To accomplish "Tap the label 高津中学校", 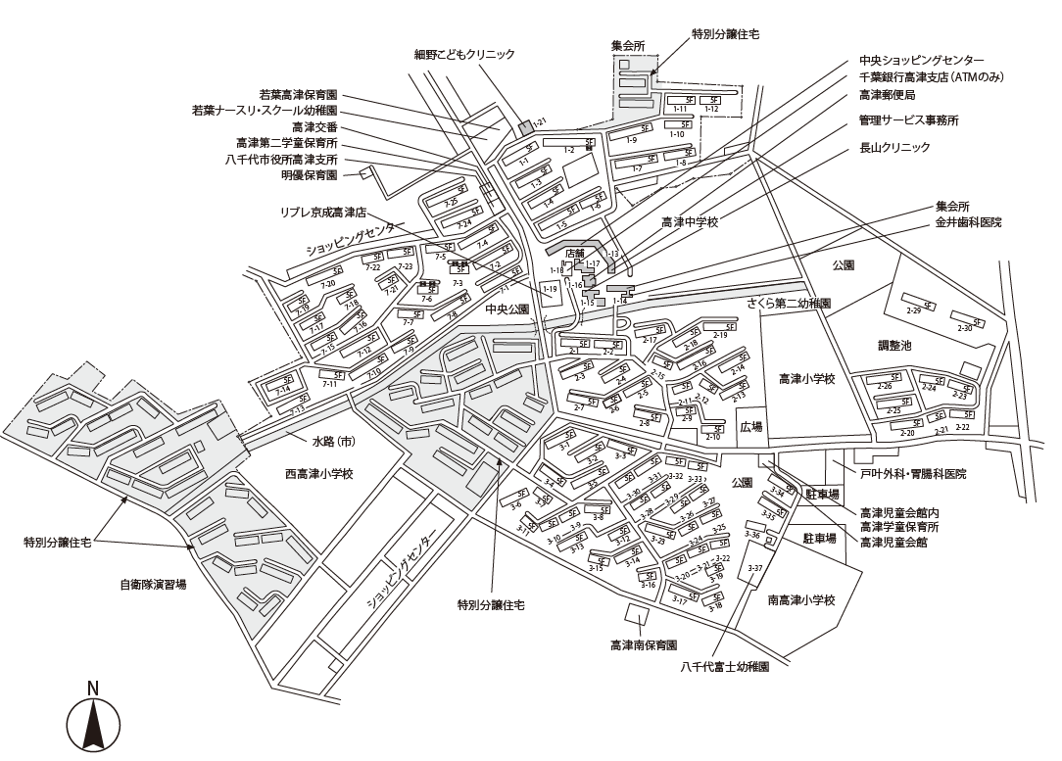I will pos(690,223).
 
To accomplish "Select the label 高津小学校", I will pos(806,378).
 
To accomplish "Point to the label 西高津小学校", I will pos(318,474).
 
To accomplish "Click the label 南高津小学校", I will pos(800,600).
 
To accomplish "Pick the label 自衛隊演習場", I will pos(153,585).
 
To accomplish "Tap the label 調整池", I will pos(894,346).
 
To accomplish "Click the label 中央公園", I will pos(507,309).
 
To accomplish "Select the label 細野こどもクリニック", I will pos(464,55).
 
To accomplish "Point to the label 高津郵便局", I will pos(887,95).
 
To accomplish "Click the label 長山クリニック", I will pos(894,147).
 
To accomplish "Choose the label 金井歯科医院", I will pos(968,223).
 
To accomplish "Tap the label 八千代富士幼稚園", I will pos(725,666).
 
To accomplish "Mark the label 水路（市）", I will pos(333,442).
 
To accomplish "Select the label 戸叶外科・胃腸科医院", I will pos(913,474).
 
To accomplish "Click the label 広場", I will pos(750,427).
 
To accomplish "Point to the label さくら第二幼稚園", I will pos(789,305).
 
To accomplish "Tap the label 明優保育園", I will pos(309,175).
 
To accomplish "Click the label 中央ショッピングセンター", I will pos(922,60).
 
